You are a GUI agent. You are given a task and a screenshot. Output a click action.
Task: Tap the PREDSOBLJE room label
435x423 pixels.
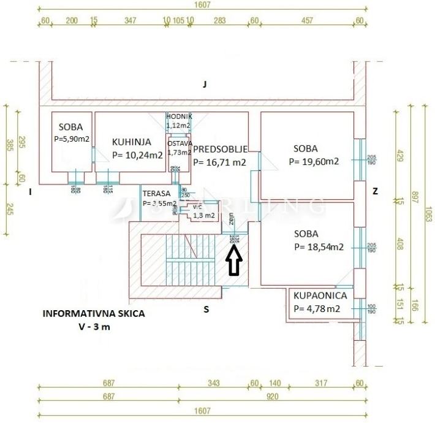(x=220, y=149)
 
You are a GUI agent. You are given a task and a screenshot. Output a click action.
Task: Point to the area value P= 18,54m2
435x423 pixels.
(x=318, y=247)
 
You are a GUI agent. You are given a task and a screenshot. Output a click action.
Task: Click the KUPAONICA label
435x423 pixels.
(x=320, y=295)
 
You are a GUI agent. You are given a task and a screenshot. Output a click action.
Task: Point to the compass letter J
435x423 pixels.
(x=205, y=85)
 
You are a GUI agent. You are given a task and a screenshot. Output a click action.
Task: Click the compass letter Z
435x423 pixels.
(x=375, y=191)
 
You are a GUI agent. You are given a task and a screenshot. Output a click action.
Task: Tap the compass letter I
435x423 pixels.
(x=30, y=191)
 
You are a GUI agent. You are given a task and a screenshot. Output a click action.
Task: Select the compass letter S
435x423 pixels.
(x=206, y=310)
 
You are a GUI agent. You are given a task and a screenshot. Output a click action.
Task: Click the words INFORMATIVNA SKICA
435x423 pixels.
(x=93, y=313)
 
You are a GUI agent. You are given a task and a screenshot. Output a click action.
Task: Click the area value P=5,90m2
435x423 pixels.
(x=72, y=139)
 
